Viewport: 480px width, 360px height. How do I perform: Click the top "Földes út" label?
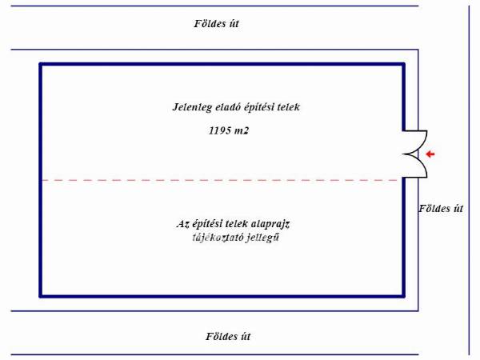point(216,24)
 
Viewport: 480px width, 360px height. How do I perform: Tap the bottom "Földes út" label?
point(216,337)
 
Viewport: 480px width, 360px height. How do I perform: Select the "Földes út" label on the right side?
point(441,209)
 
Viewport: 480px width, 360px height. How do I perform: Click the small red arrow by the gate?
point(430,154)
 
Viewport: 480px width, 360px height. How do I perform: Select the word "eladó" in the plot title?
point(228,106)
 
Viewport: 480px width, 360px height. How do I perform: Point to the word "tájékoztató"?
point(206,238)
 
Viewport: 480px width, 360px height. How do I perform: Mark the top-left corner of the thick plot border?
point(41,64)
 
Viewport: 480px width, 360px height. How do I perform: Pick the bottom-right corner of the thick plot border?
point(403,296)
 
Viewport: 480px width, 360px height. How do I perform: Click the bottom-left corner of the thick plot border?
point(41,296)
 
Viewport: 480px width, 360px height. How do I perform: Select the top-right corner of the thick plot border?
point(403,64)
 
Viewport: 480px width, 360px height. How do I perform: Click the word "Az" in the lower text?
point(182,224)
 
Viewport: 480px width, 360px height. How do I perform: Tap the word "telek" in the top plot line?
point(286,106)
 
